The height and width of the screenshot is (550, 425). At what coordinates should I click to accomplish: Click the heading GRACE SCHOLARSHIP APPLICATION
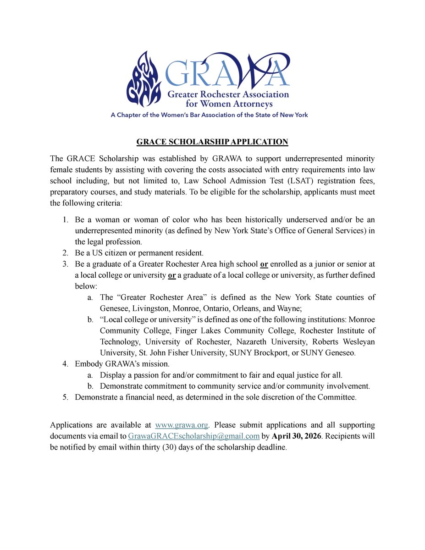click(x=212, y=142)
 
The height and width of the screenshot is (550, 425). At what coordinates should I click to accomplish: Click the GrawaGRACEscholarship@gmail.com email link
click(x=194, y=436)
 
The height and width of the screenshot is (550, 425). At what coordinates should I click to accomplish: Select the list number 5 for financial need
click(x=66, y=397)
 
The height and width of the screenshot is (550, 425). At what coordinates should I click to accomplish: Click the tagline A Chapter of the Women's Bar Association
click(x=209, y=115)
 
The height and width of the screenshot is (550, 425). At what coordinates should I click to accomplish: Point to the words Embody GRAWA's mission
click(x=122, y=364)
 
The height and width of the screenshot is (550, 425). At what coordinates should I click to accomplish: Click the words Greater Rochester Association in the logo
click(x=228, y=95)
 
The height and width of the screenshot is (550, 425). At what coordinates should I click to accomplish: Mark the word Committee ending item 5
click(x=337, y=397)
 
